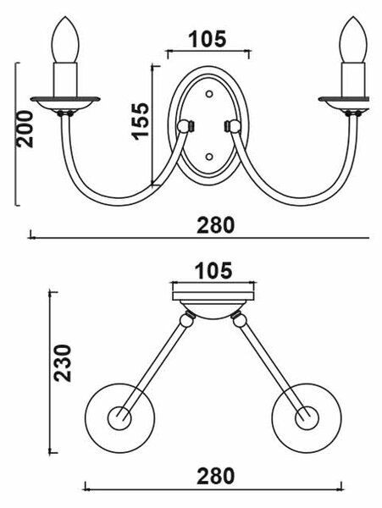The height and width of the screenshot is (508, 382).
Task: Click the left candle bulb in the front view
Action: pos(65,40)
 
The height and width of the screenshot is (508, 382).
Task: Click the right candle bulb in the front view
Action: pos(353,40)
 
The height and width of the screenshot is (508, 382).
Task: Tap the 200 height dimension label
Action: pos(25,129)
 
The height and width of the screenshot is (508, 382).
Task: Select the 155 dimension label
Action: pos(141,121)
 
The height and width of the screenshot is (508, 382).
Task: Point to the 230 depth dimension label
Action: pos(62,363)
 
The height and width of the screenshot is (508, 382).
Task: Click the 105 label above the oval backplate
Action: pos(208,39)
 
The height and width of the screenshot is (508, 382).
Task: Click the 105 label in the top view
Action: pos(213,271)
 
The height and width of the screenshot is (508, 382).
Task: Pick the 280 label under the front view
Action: pos(215,225)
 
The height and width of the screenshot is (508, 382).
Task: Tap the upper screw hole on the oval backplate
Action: pos(209,94)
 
